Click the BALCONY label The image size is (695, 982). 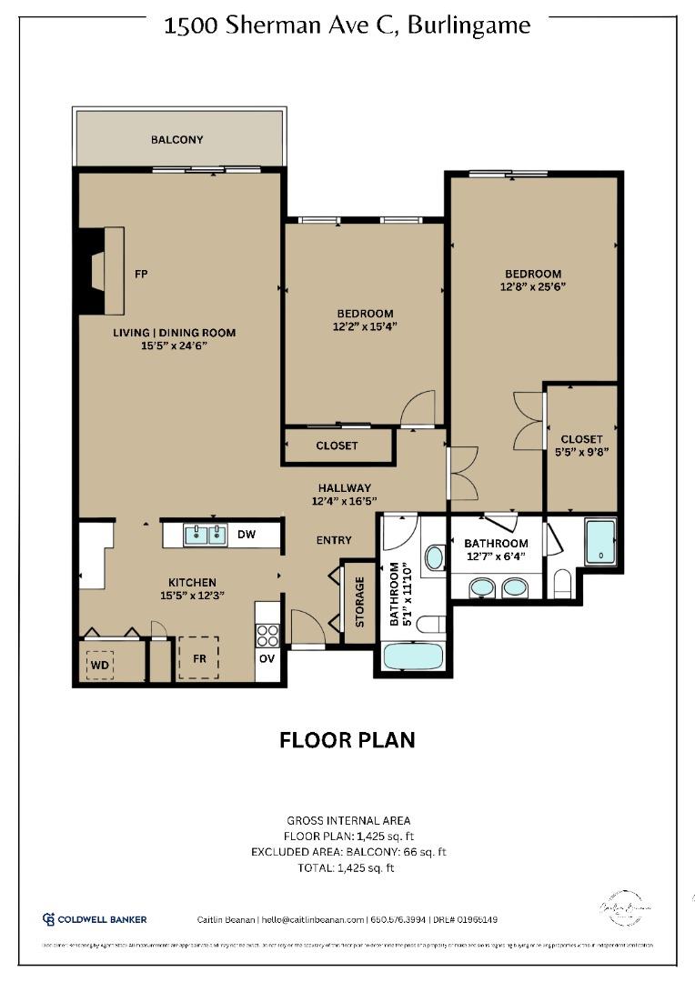176,140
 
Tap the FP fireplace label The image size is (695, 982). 141,274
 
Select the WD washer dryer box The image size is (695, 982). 99,665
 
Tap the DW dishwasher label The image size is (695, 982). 246,536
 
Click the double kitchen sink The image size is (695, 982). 206,536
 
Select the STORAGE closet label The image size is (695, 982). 359,602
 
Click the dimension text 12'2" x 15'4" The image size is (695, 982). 364,326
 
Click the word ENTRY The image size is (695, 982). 334,540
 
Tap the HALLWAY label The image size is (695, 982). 344,488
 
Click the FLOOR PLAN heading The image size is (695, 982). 347,740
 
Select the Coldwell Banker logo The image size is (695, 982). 95,919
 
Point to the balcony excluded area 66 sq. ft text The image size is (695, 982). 348,852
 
